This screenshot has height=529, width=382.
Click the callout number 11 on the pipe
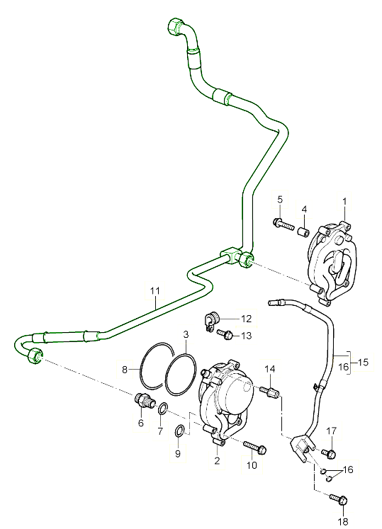click(x=155, y=290)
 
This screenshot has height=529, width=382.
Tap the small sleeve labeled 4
click(x=303, y=232)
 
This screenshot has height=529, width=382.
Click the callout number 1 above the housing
click(x=344, y=201)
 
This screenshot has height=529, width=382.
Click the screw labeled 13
click(x=225, y=334)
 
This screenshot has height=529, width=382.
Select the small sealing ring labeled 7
click(x=162, y=409)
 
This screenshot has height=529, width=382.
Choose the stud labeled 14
click(x=269, y=392)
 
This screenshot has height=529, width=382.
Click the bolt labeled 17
click(x=329, y=453)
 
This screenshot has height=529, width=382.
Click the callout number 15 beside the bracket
click(x=363, y=363)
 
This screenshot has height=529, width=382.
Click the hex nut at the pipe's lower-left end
click(x=35, y=355)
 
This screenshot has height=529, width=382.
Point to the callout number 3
click(x=186, y=334)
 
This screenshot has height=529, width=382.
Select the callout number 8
click(x=125, y=370)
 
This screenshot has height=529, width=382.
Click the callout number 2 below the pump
click(x=217, y=460)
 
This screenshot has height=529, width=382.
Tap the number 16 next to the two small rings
click(x=348, y=470)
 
